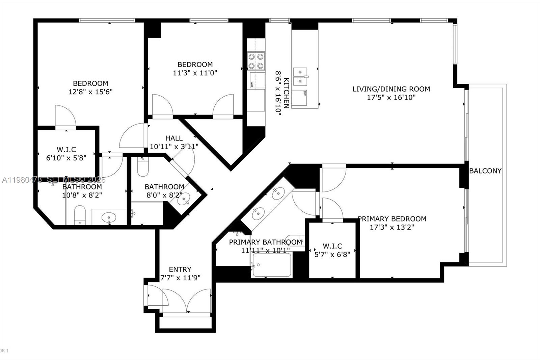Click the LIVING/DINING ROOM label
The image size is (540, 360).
tap(391, 89)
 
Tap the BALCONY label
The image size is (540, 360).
tap(485, 171)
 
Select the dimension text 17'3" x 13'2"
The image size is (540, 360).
tap(392, 227)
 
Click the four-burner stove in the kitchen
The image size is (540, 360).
tap(256, 61)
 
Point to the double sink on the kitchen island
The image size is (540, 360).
tap(300, 77)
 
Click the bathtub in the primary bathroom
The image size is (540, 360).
tap(271, 265)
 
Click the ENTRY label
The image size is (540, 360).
tap(180, 269)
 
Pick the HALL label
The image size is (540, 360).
tap(174, 138)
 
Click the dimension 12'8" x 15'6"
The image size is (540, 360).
tap(90, 92)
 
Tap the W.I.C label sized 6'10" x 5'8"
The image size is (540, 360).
tap(66, 149)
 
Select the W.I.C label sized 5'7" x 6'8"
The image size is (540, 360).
tap(332, 246)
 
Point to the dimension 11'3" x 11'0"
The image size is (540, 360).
tap(195, 73)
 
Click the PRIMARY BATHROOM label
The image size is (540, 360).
tap(265, 242)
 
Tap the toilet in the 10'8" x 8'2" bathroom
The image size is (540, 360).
tap(80, 214)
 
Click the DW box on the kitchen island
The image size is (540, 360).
tap(299, 98)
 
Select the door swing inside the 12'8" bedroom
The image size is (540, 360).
tap(66, 116)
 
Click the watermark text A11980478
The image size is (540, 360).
tap(22, 180)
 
